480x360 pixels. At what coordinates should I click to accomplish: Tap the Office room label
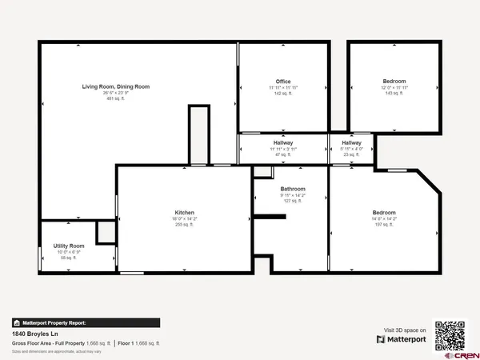pyautogui.click(x=282, y=82)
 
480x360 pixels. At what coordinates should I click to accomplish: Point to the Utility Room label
pyautogui.click(x=69, y=246)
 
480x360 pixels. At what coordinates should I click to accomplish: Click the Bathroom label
pyautogui.click(x=293, y=190)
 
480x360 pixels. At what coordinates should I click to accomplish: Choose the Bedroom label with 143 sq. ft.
pyautogui.click(x=394, y=82)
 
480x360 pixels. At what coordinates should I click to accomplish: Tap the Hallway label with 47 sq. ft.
pyautogui.click(x=282, y=142)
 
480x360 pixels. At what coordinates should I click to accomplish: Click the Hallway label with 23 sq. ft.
pyautogui.click(x=351, y=142)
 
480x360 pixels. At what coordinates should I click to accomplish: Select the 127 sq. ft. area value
pyautogui.click(x=293, y=201)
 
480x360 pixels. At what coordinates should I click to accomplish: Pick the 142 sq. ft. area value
pyautogui.click(x=282, y=94)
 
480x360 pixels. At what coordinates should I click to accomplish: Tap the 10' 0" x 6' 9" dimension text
pyautogui.click(x=69, y=252)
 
